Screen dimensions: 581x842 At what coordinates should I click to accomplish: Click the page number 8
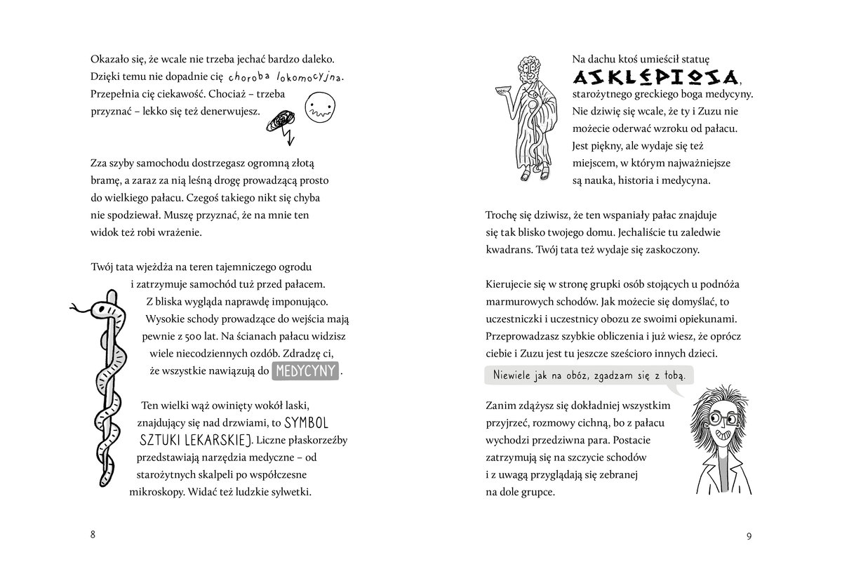click(x=93, y=535)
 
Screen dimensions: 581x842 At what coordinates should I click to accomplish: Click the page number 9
click(x=749, y=537)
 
